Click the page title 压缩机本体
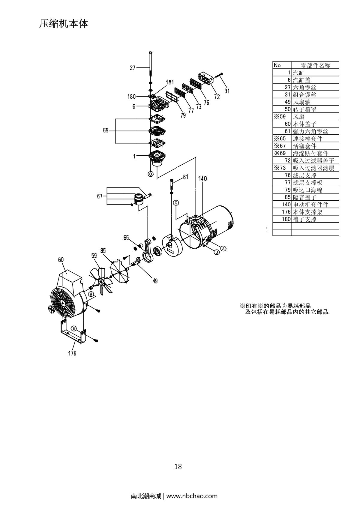64,24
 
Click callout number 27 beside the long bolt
133,68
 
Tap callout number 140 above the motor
202,179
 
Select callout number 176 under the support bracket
72,353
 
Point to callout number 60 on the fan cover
61,260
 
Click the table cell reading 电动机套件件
310,205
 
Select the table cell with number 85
287,197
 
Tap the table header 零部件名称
315,65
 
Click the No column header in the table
277,65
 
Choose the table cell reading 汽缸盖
301,80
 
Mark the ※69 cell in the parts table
280,153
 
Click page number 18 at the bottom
178,466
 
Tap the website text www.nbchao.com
192,496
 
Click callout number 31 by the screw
227,91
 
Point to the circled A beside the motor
223,248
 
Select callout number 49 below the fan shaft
155,281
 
